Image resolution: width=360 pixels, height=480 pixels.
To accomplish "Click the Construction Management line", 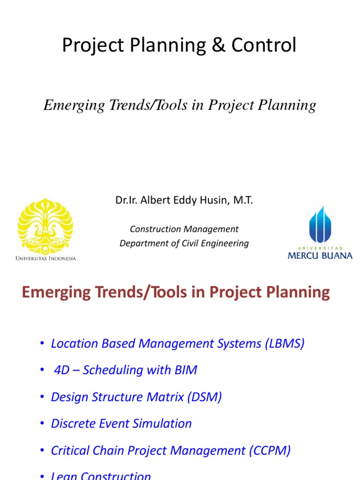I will pos(184,229).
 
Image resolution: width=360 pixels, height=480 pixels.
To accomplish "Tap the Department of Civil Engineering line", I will pos(184,243).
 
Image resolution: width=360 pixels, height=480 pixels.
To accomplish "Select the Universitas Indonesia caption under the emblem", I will pos(45,258).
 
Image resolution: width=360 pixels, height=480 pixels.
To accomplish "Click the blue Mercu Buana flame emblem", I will pos(320,224).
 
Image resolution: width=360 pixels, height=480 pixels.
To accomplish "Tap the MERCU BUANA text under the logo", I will pos(320,255).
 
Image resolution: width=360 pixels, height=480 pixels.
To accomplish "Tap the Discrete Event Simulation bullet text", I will pos(121,424).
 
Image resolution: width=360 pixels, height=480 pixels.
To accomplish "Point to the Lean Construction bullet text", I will pos(101,475).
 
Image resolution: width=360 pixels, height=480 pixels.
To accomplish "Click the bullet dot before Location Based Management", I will pos(42,344).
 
